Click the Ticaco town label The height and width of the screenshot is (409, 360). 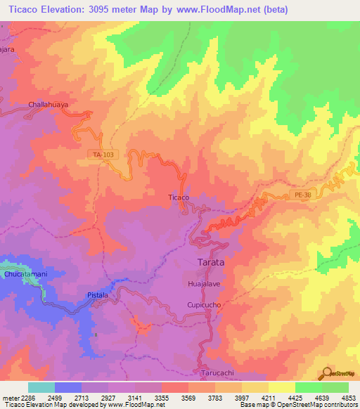click(179, 197)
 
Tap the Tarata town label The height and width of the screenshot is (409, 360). click(208, 261)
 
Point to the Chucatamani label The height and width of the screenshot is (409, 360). click(25, 272)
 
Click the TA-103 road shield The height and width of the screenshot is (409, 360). click(103, 154)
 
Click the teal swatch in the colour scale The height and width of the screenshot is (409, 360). click(41, 387)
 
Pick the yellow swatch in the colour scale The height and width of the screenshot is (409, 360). click(281, 387)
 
